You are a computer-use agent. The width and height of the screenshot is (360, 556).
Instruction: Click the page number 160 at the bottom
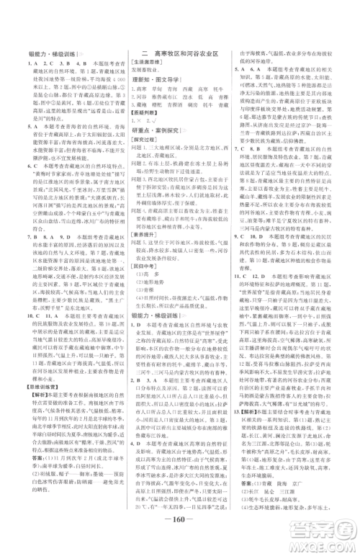tap(179, 541)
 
